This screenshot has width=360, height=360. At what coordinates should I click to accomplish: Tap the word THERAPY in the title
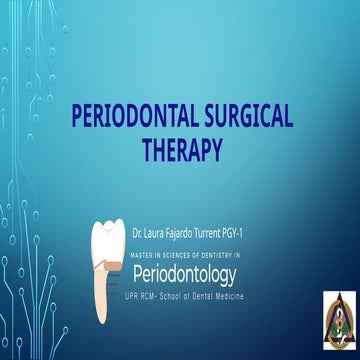[180, 150]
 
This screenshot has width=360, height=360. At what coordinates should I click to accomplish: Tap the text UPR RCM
[151, 297]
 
